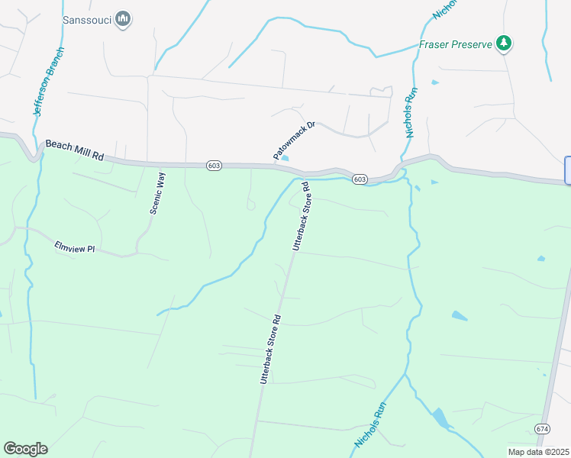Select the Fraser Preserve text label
[x=455, y=45]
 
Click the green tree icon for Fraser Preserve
[x=503, y=44]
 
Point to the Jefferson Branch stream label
[x=47, y=82]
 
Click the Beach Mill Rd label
[x=74, y=150]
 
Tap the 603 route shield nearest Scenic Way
[x=213, y=165]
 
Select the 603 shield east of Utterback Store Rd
[x=360, y=179]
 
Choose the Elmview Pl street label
[x=74, y=247]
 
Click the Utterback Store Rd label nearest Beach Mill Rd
[x=300, y=217]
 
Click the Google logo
[x=25, y=449]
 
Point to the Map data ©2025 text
[x=539, y=451]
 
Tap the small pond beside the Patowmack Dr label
[x=285, y=159]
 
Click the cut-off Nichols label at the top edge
[x=444, y=8]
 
